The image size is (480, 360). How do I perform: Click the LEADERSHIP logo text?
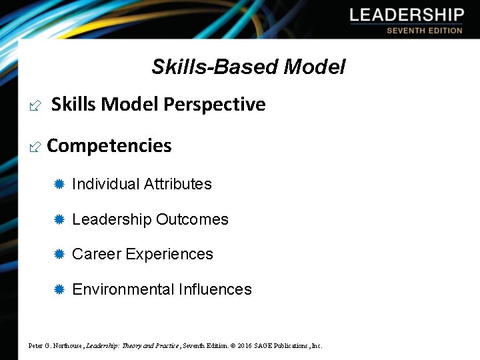click(407, 15)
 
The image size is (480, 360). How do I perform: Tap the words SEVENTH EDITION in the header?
click(424, 31)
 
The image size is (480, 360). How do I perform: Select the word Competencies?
click(109, 146)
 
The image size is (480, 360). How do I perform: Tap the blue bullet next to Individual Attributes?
click(59, 185)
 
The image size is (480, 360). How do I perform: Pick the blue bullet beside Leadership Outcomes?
click(59, 220)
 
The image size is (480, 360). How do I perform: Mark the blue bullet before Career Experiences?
click(59, 255)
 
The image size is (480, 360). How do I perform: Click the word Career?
click(96, 255)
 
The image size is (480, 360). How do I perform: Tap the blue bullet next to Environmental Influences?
click(59, 290)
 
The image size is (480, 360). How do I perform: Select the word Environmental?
click(123, 290)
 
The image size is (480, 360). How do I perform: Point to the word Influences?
click(215, 290)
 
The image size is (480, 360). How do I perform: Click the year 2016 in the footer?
click(244, 345)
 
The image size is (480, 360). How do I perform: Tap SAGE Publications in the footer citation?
click(283, 345)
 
